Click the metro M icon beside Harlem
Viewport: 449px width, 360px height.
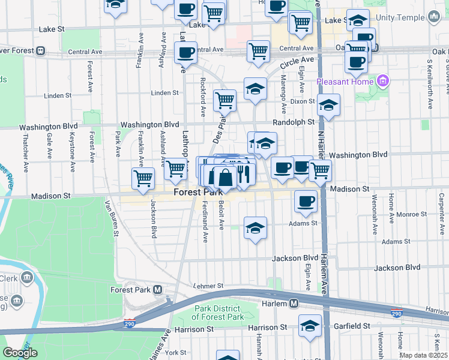(x=294, y=304)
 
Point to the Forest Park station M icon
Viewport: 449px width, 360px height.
(x=158, y=289)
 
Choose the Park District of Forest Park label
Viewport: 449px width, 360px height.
(x=218, y=313)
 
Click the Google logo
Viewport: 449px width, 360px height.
(x=20, y=353)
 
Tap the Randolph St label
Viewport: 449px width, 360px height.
(x=294, y=122)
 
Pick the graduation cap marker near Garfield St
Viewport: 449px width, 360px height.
(x=310, y=326)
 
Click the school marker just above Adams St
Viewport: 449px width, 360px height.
(x=255, y=228)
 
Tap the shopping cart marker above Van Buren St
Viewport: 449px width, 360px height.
(x=143, y=178)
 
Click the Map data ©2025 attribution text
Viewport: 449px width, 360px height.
(x=423, y=355)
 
